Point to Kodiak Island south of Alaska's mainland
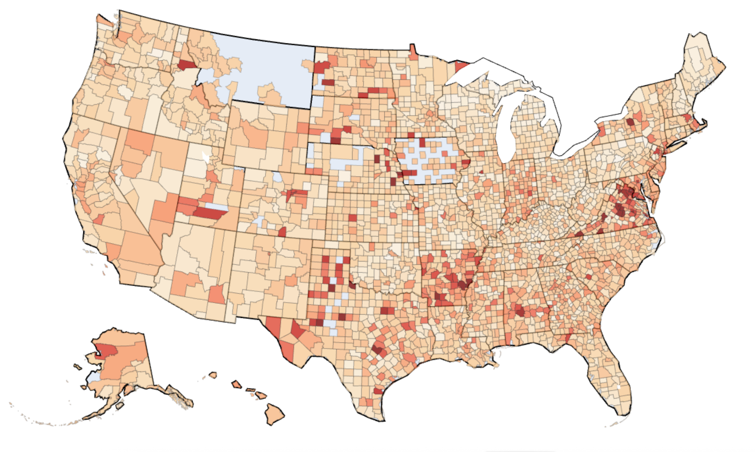click(120, 406)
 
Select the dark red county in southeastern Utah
click(210, 214)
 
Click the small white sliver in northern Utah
click(206, 156)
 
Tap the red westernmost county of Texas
click(273, 324)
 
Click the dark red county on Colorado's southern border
click(282, 232)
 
